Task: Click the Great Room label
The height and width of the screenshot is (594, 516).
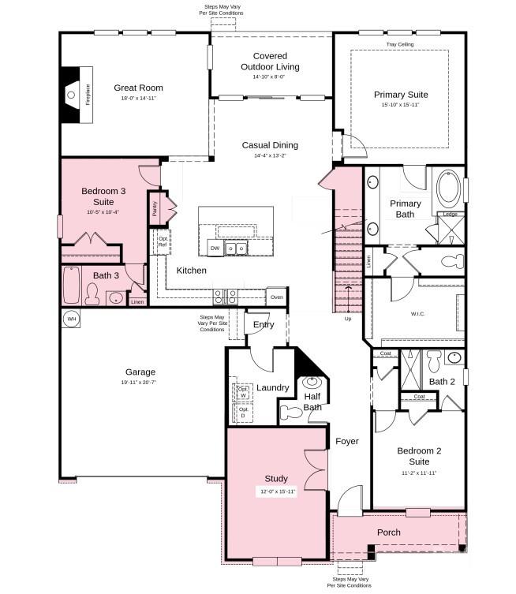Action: click(x=138, y=88)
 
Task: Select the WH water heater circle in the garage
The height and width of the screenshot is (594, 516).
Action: click(x=71, y=319)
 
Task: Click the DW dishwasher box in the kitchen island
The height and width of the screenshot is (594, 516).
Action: click(x=215, y=248)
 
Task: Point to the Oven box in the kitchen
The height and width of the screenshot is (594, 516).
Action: click(x=276, y=297)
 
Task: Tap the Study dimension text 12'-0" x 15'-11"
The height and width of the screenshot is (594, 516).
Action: click(x=276, y=491)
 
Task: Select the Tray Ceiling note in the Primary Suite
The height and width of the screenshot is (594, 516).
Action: click(x=400, y=45)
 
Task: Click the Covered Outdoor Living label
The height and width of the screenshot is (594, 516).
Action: click(x=270, y=61)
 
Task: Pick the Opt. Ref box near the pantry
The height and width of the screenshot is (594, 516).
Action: click(x=163, y=241)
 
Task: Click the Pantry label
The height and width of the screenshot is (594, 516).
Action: click(x=155, y=210)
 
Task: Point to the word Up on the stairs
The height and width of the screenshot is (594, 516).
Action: click(x=348, y=319)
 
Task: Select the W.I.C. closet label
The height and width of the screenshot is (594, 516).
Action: click(x=417, y=314)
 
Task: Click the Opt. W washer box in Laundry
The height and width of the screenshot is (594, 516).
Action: click(x=242, y=392)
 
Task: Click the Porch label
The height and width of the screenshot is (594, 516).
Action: click(x=388, y=532)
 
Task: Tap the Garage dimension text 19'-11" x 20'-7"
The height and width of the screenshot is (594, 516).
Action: click(x=140, y=382)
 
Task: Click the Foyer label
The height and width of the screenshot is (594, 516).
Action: click(x=346, y=441)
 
